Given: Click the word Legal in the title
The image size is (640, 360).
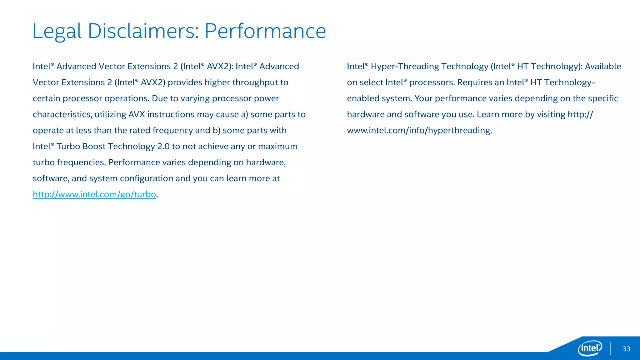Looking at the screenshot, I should pos(57,31).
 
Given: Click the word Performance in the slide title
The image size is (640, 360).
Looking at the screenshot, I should pos(265,31).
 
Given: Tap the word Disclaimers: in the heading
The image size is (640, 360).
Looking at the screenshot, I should pos(143,31).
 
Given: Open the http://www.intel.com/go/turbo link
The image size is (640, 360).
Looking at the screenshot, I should pos(94,194).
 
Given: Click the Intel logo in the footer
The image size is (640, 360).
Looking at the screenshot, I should pos(590,348).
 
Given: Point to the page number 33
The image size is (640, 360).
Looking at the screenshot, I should pos(626,349).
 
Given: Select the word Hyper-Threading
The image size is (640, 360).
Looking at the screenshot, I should pos(405,67).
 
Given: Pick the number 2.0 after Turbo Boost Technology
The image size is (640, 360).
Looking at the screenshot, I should pos(163,147).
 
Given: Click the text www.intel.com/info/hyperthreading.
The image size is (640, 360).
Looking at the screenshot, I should pos(419,130).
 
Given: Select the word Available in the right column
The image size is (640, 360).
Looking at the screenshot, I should pos(603,67).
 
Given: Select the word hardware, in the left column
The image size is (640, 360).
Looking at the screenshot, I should pos(266,162).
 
